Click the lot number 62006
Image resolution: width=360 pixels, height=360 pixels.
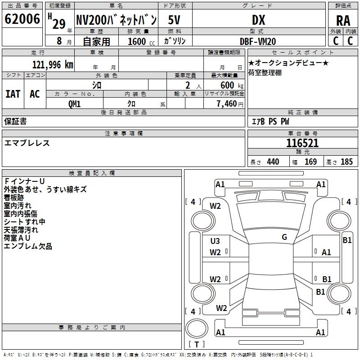(22, 19)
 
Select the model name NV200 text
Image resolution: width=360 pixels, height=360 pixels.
(116, 20)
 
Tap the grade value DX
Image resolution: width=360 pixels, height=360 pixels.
(258, 20)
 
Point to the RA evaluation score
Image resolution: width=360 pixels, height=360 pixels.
(343, 20)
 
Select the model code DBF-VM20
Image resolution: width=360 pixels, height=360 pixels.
(258, 41)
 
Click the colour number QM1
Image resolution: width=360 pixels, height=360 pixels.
(74, 103)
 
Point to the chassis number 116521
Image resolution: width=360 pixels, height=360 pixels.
(302, 144)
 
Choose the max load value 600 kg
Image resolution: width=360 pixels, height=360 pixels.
(229, 85)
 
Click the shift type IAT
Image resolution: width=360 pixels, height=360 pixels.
(13, 94)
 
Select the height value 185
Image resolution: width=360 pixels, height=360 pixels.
(346, 162)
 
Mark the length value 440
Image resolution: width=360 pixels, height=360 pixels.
(273, 162)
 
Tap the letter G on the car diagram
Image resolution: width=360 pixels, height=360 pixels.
(284, 237)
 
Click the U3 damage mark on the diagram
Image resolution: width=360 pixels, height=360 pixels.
(215, 241)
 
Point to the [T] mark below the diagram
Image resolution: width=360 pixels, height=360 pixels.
(196, 345)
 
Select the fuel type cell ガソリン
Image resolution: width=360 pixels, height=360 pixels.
(175, 41)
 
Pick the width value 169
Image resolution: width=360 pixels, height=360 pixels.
(310, 162)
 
